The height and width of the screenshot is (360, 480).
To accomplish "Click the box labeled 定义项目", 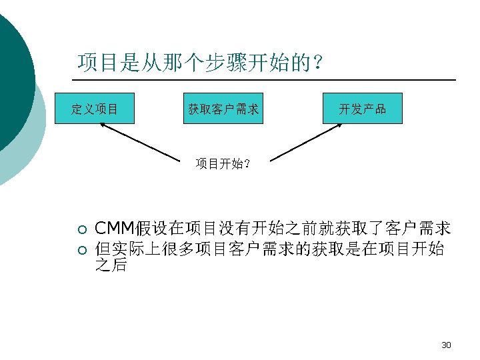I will coord(95,109).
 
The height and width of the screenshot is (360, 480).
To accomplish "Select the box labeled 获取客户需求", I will coord(223,109).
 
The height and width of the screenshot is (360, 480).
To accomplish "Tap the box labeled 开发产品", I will coord(363,109).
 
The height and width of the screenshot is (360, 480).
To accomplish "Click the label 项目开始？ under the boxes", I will coord(223,163).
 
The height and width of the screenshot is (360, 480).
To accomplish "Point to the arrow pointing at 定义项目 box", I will coord(141,142).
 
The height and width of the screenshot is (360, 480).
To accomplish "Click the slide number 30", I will coord(446,345).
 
